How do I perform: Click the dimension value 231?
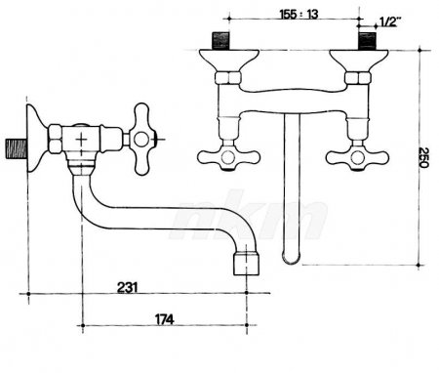(127, 287)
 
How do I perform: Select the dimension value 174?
(164, 319)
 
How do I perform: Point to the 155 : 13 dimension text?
(299, 14)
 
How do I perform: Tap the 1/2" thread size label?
(390, 21)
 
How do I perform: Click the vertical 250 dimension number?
(424, 157)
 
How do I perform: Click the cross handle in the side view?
(141, 140)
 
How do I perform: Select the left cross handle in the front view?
(228, 157)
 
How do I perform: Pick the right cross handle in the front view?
(357, 157)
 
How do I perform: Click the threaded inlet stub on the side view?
(17, 149)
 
